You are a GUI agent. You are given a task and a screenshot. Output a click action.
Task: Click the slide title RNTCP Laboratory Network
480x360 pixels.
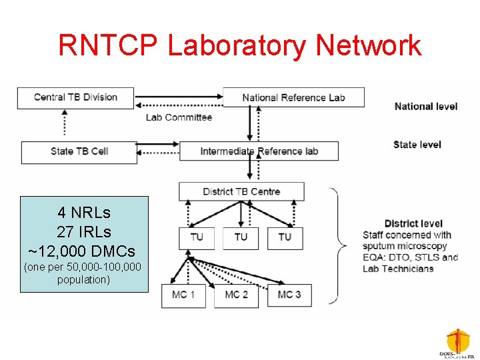240,45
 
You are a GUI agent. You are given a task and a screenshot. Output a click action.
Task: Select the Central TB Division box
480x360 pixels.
75,98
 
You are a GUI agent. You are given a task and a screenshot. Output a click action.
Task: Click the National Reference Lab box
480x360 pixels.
293,97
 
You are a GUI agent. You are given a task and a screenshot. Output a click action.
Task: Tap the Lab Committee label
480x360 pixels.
179,117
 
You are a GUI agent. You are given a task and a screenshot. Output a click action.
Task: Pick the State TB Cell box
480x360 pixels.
79,152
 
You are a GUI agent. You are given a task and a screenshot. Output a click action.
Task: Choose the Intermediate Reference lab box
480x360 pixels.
259,151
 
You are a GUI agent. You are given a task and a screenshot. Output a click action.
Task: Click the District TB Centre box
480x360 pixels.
241,191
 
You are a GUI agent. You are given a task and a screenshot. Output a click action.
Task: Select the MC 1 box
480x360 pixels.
183,295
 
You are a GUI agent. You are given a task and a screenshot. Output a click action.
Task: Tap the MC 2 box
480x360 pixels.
236,295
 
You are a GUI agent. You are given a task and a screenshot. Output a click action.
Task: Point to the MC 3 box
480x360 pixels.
289,295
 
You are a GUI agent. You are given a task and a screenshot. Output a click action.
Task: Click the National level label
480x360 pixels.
426,106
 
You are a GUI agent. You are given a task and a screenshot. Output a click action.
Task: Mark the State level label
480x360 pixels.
417,145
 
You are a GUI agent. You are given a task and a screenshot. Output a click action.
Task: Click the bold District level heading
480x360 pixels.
413,223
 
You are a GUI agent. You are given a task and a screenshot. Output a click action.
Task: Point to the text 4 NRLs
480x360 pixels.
84,213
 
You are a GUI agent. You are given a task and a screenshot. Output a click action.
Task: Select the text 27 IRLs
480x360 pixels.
84,232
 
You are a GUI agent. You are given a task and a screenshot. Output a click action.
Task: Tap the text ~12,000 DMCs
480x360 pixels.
83,251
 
